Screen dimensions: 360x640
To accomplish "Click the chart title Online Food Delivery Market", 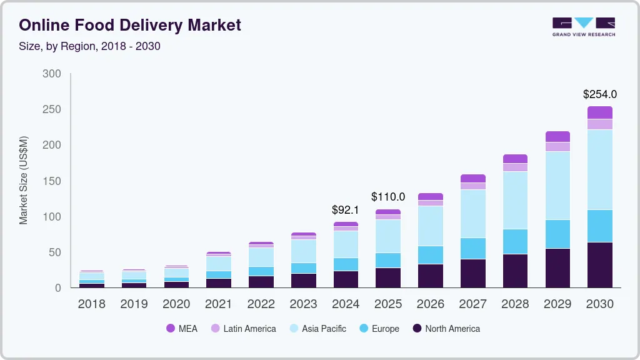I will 130,25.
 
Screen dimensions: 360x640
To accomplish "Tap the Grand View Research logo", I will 583,26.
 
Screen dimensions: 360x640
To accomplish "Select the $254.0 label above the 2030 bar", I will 599,94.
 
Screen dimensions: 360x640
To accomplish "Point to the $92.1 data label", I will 346,210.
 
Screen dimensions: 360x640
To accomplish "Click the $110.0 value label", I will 388,197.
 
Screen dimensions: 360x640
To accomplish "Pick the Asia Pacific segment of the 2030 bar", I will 599,169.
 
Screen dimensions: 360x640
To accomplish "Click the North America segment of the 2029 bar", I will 557,267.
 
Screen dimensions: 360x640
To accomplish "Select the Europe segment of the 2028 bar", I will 515,241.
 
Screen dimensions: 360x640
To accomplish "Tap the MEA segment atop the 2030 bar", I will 599,112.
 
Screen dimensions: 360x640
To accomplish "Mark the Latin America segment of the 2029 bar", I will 557,147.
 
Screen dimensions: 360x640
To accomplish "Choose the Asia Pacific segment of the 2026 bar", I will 431,226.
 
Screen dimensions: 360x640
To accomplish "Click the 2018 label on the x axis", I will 91,304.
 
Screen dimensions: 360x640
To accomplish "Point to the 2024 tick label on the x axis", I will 346,304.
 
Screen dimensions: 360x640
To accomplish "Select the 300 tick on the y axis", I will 52,74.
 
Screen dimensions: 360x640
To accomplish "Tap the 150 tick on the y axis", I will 52,181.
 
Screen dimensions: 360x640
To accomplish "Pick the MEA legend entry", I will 181,328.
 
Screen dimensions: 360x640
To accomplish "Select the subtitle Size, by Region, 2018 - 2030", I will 89,46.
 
